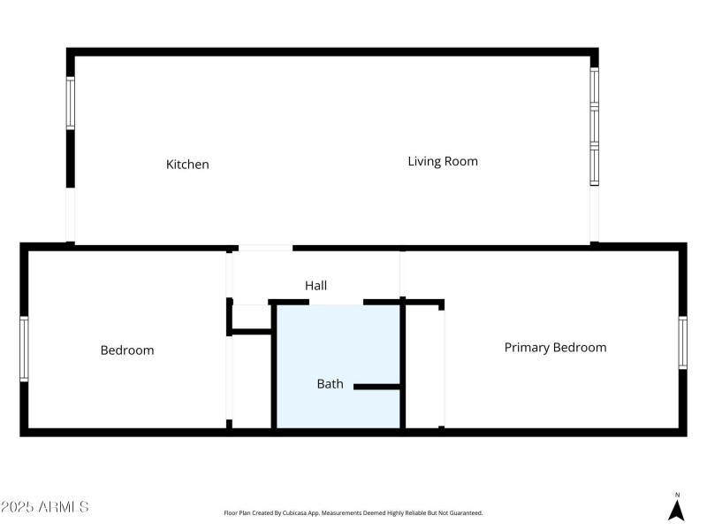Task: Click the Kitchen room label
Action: click(187, 165)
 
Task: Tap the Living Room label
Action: click(442, 161)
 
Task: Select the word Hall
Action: click(315, 285)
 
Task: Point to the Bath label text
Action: click(330, 384)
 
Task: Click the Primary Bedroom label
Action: click(555, 348)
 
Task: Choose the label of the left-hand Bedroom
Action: click(126, 350)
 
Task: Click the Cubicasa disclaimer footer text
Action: click(353, 513)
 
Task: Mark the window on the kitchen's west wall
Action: click(71, 103)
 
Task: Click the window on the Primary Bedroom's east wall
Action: click(682, 342)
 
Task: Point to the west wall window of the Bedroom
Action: click(25, 349)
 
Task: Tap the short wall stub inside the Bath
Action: click(377, 386)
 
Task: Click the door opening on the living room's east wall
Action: click(595, 213)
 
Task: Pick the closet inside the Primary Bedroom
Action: click(423, 367)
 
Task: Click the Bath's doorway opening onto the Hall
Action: click(336, 304)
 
